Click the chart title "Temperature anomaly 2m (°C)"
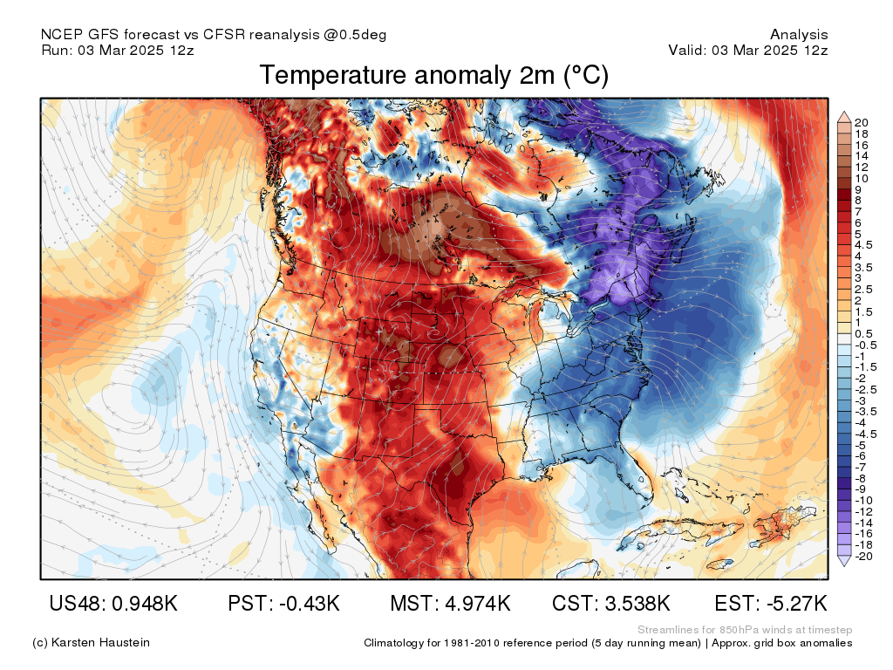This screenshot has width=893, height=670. point(434,75)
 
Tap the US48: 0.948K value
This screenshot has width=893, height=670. point(113,603)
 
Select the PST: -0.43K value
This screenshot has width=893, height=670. point(283,603)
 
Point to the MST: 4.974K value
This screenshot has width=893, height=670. point(450,603)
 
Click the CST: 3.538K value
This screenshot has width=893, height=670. point(611,603)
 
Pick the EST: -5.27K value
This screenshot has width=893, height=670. point(771,603)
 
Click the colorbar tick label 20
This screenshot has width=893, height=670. point(861,122)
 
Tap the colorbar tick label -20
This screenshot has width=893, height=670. point(863,556)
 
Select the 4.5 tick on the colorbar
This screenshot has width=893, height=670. point(863,245)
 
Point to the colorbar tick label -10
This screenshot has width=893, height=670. point(863,500)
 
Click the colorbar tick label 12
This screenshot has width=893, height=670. point(861,167)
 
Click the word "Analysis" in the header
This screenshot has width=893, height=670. point(799,35)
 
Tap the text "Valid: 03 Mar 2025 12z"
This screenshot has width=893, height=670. point(747,50)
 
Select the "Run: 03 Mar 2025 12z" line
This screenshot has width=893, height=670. point(118,50)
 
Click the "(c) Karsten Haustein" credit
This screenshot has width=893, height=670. point(91,643)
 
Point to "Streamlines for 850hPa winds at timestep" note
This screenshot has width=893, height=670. point(745,630)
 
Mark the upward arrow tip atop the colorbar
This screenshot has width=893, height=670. point(844,113)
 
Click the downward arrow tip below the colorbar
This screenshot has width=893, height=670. point(844,565)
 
